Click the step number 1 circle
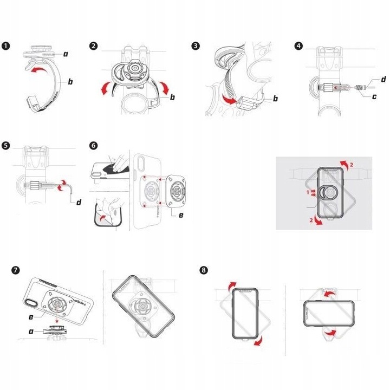tap(6, 46)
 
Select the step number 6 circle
tap(94, 146)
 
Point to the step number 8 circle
tap(203, 269)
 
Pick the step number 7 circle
tap(16, 269)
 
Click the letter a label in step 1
tap(66, 54)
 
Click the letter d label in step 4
tap(383, 80)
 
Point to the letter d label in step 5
tap(79, 203)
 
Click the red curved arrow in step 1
tap(36, 69)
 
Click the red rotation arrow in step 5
tap(64, 184)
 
